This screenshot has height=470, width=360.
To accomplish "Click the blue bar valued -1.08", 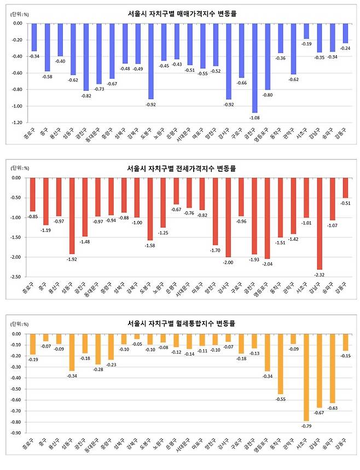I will (254, 68).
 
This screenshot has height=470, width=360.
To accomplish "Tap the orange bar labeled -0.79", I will (306, 378).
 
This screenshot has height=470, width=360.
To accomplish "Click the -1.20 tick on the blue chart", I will (17, 123).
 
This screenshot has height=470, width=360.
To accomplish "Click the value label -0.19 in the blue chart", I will (306, 43).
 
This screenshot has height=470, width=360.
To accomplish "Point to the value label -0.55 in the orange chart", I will (280, 399).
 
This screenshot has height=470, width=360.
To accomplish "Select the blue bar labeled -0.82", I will (86, 57).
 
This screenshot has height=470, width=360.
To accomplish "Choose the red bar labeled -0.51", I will (345, 188).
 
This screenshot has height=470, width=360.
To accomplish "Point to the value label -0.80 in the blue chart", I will (268, 94).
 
